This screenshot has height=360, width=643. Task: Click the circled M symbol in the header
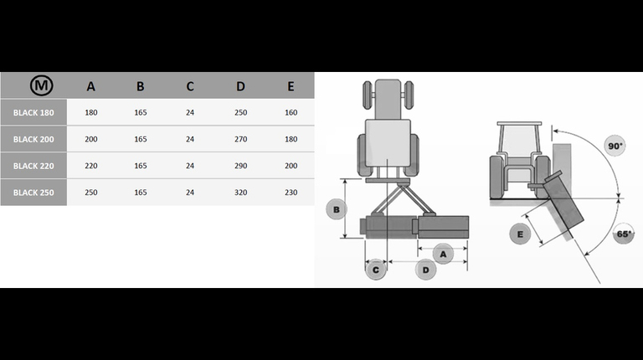tap(41, 85)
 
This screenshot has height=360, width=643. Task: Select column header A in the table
tap(91, 86)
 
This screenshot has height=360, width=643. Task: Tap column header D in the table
tap(241, 86)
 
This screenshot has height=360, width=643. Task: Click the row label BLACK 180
tap(33, 113)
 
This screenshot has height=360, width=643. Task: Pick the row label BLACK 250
tap(33, 193)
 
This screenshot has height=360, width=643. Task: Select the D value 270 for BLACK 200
tap(241, 140)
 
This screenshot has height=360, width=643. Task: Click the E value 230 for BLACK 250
tap(291, 193)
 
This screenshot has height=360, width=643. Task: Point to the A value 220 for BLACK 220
tap(91, 166)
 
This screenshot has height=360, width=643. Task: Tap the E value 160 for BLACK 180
tap(291, 113)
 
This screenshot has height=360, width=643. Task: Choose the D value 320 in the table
tap(241, 193)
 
